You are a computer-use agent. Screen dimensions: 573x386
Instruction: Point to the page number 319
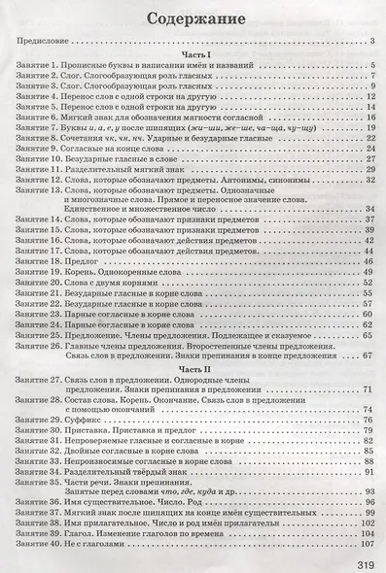coord(358,559)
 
